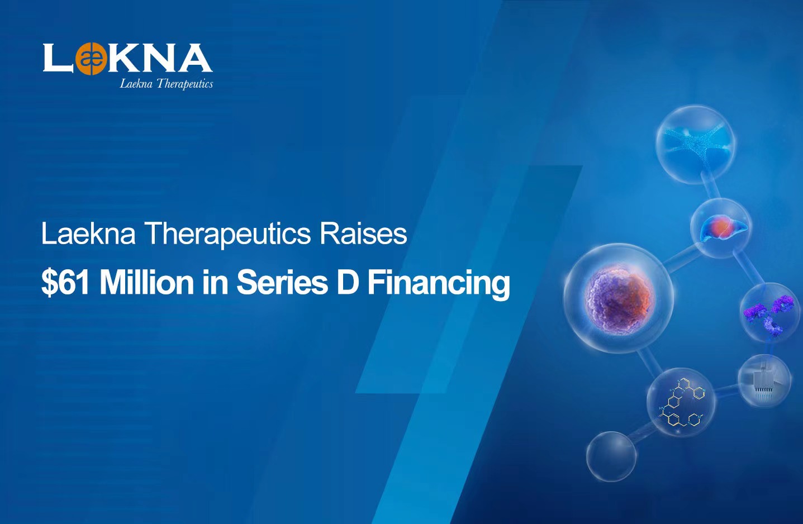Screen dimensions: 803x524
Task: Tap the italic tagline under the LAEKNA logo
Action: [167, 84]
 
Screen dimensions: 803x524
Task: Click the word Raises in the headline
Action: [363, 234]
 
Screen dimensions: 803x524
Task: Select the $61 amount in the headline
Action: [65, 283]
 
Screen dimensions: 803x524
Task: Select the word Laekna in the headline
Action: [88, 234]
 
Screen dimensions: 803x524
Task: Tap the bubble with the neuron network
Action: [695, 145]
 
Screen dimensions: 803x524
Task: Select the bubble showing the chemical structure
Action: [681, 402]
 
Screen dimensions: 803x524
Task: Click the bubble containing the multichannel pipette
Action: [764, 381]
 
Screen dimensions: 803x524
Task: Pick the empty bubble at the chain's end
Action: [611, 456]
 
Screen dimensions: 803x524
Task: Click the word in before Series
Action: [215, 283]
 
